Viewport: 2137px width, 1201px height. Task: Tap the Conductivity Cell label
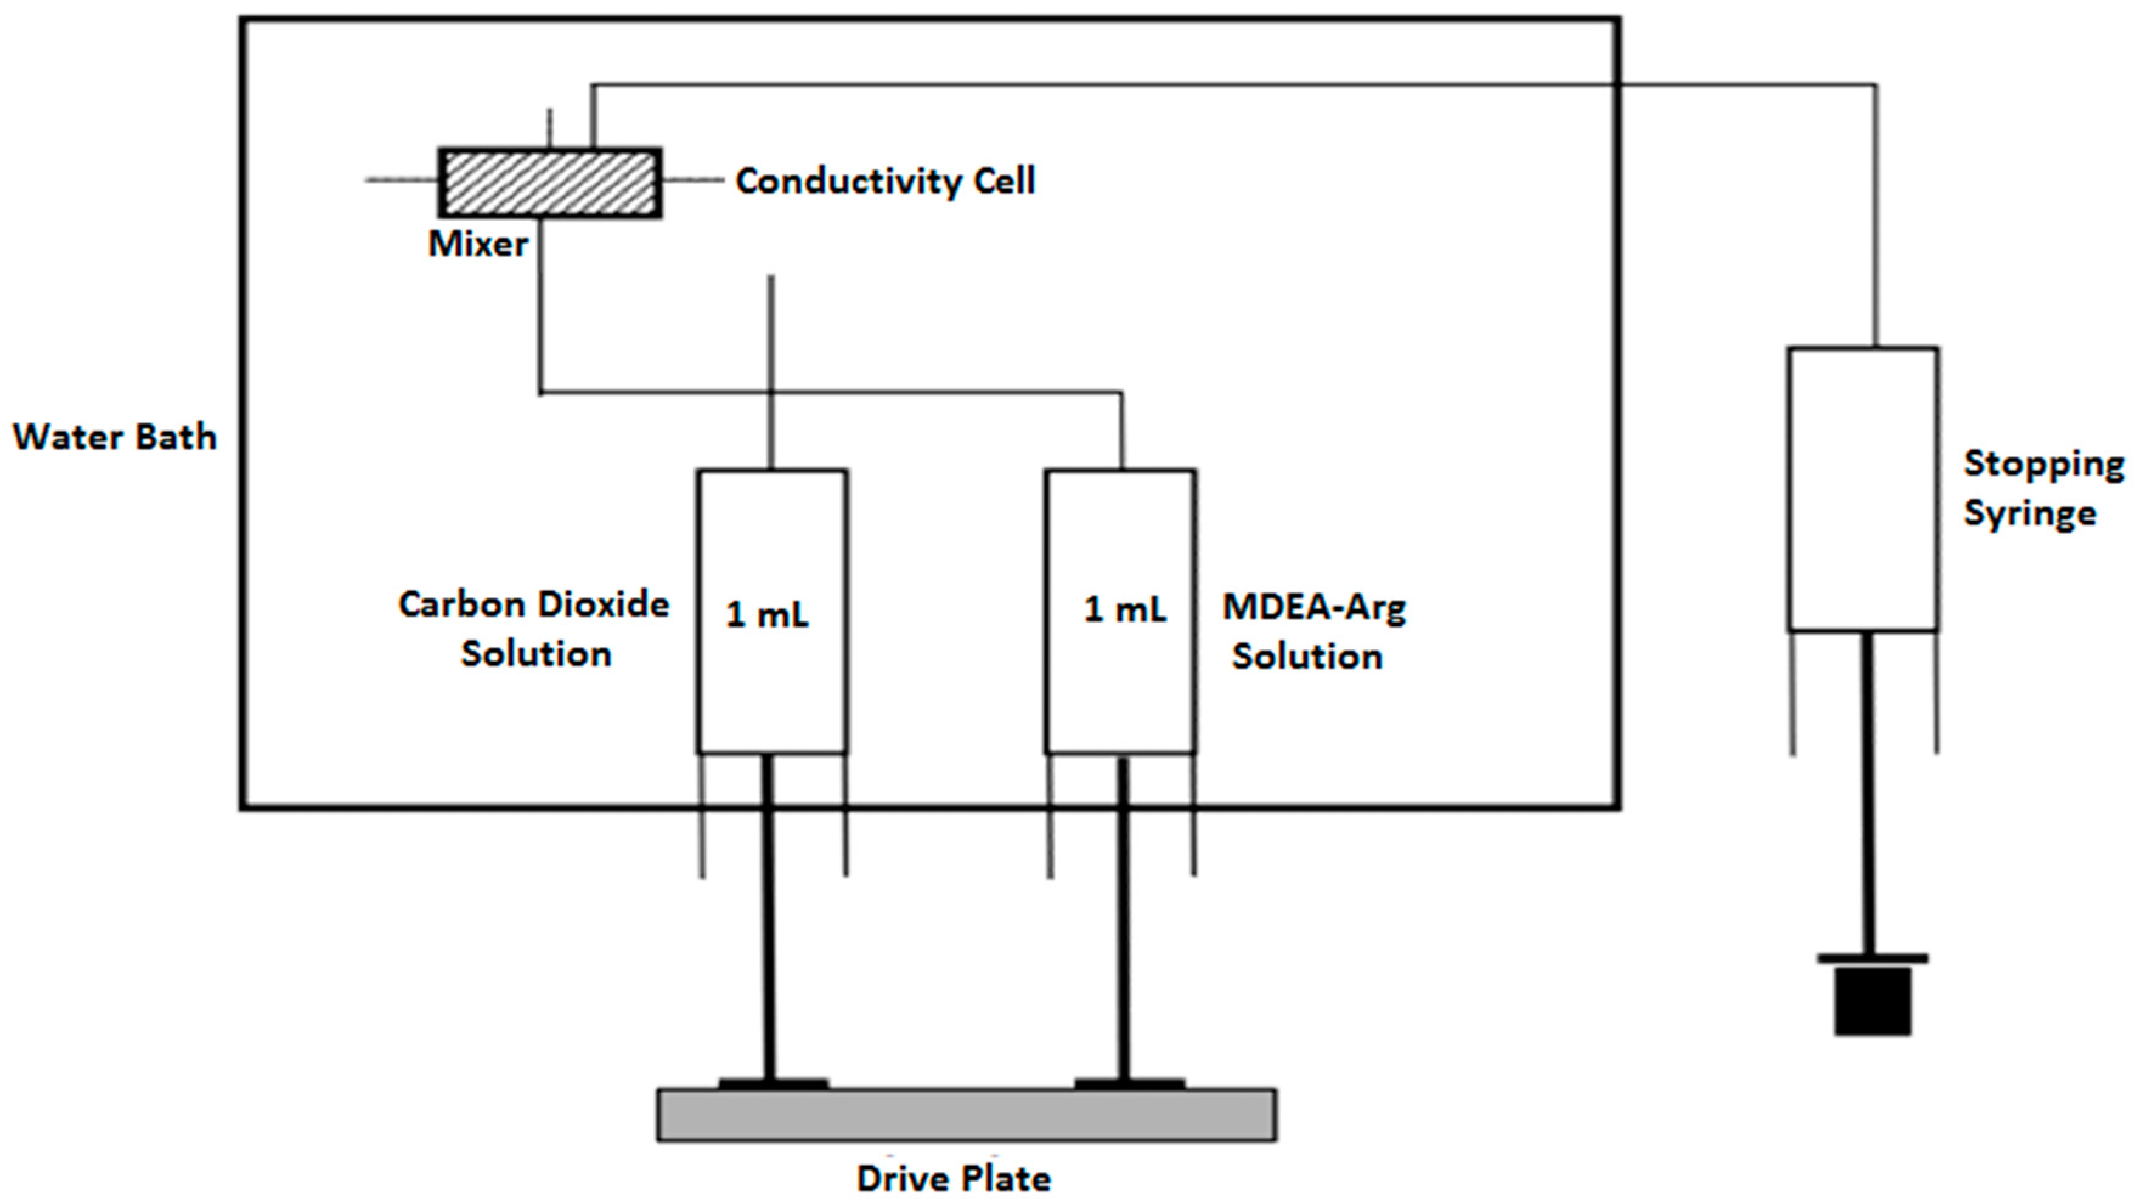tap(885, 182)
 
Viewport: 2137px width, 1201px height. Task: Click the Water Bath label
tap(114, 437)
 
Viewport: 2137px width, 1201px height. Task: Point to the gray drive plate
tap(966, 1115)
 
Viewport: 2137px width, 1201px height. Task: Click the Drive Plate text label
tap(954, 1179)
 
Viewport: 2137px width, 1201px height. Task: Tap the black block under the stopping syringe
tap(1873, 1001)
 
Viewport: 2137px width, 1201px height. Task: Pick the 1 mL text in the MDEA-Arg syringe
tap(1125, 611)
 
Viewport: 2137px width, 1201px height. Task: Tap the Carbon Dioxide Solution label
tap(535, 629)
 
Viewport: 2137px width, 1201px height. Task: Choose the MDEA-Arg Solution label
tap(1313, 632)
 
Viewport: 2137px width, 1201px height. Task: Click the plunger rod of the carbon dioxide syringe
tap(769, 921)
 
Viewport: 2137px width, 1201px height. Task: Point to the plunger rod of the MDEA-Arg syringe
tap(1123, 921)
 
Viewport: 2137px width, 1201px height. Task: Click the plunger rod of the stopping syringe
tap(1868, 796)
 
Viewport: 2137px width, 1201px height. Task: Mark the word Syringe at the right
tap(2029, 513)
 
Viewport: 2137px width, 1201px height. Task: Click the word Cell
tap(1004, 182)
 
